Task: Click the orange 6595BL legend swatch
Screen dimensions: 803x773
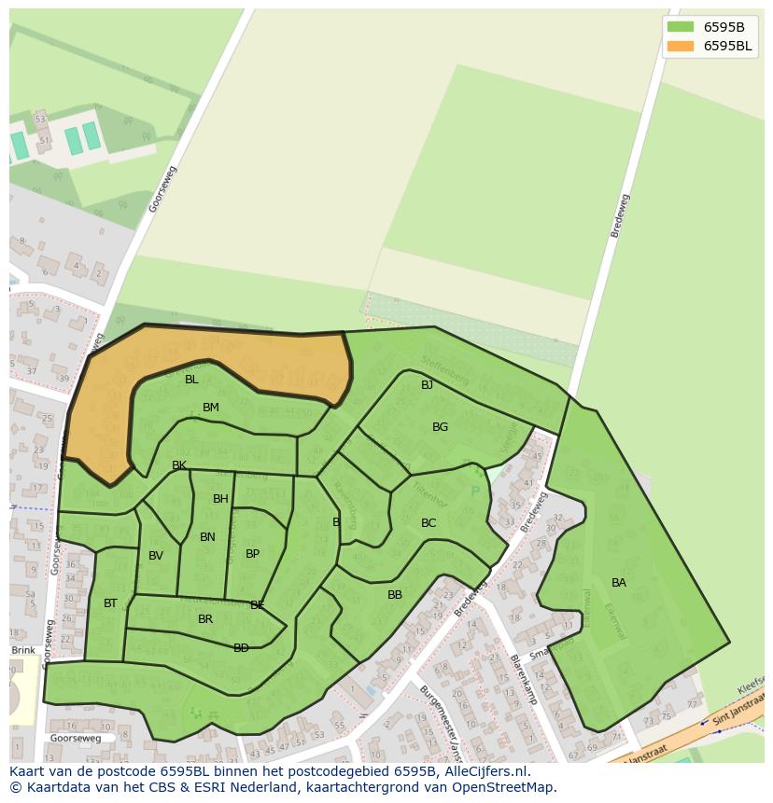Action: pyautogui.click(x=681, y=46)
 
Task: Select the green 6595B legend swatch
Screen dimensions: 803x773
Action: pyautogui.click(x=681, y=27)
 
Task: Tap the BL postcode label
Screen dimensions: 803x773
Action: pyautogui.click(x=191, y=380)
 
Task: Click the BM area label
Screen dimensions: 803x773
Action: pyautogui.click(x=211, y=408)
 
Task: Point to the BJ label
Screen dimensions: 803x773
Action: pyautogui.click(x=427, y=385)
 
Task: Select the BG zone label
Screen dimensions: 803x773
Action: pyautogui.click(x=440, y=427)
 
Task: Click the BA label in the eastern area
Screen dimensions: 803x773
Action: pyautogui.click(x=619, y=583)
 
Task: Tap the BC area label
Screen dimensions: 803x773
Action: pyautogui.click(x=429, y=523)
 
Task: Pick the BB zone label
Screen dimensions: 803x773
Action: pyautogui.click(x=395, y=595)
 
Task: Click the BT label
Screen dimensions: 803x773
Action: pyautogui.click(x=110, y=603)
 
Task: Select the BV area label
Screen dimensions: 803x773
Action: pyautogui.click(x=156, y=556)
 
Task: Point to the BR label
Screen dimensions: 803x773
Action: pyautogui.click(x=205, y=619)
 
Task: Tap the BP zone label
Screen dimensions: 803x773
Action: pyautogui.click(x=252, y=554)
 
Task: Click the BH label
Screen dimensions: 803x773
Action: pyautogui.click(x=220, y=499)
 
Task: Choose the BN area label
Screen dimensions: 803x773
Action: pyautogui.click(x=207, y=537)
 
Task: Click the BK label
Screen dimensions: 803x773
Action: pyautogui.click(x=179, y=465)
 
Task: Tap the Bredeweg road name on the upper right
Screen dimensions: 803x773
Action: pyautogui.click(x=620, y=215)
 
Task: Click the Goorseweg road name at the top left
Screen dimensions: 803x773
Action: pyautogui.click(x=162, y=189)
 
